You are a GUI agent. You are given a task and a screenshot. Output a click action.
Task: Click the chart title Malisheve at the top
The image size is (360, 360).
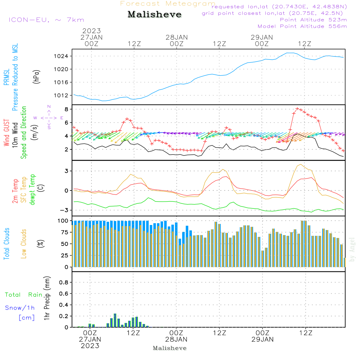pyautogui.click(x=154, y=15)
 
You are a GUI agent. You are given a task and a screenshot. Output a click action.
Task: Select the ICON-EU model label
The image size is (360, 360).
pyautogui.click(x=46, y=20)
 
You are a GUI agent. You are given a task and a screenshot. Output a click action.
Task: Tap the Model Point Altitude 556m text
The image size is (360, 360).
pyautogui.click(x=302, y=26)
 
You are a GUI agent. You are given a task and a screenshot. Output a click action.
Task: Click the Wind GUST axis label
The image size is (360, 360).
pyautogui.click(x=7, y=133)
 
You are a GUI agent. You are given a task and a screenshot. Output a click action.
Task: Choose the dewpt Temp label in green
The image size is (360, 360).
pyautogui.click(x=33, y=190)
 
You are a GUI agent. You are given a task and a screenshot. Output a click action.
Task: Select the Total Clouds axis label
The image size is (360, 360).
pyautogui.click(x=7, y=244)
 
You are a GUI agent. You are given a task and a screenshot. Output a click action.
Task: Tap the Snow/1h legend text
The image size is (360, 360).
pyautogui.click(x=20, y=308)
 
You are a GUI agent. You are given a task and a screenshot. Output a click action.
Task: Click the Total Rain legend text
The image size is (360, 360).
pyautogui.click(x=24, y=295)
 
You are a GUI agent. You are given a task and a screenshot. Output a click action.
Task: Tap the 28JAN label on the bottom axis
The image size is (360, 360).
pyautogui.click(x=176, y=339)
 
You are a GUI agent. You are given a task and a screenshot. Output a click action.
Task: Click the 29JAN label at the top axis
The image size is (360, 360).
pyautogui.click(x=262, y=37)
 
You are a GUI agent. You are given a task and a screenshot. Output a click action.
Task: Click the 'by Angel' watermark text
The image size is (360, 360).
pyautogui.click(x=352, y=250)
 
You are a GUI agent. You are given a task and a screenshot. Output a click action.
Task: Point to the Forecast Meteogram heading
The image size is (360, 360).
pyautogui.click(x=168, y=4)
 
